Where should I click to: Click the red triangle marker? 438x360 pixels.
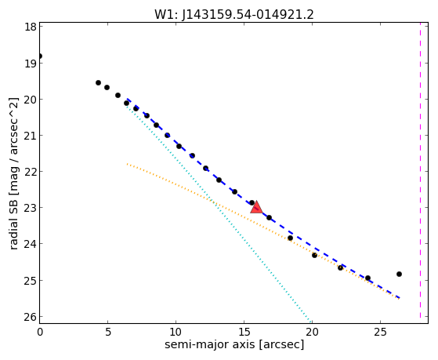click(x=256, y=207)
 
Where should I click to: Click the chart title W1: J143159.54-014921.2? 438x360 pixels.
click(x=234, y=15)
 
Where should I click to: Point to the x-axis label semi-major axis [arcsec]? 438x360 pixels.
click(x=234, y=344)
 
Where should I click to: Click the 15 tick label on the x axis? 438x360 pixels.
click(x=244, y=332)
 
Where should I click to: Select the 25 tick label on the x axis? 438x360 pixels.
click(x=380, y=332)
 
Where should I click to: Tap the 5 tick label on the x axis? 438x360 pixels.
click(x=108, y=332)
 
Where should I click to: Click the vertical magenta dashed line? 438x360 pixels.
click(x=420, y=170)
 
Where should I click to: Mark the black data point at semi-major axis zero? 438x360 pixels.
click(x=40, y=56)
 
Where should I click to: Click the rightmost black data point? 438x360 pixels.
click(x=399, y=275)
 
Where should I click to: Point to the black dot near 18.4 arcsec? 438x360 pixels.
click(x=290, y=238)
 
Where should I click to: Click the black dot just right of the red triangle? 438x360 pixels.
click(x=269, y=217)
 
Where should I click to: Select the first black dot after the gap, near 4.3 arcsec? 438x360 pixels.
click(x=98, y=82)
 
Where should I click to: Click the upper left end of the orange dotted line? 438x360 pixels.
click(x=127, y=164)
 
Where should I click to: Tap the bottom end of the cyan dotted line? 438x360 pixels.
click(x=310, y=322)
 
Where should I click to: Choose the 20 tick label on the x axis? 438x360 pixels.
click(x=312, y=332)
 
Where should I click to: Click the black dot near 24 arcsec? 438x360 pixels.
click(x=367, y=278)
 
